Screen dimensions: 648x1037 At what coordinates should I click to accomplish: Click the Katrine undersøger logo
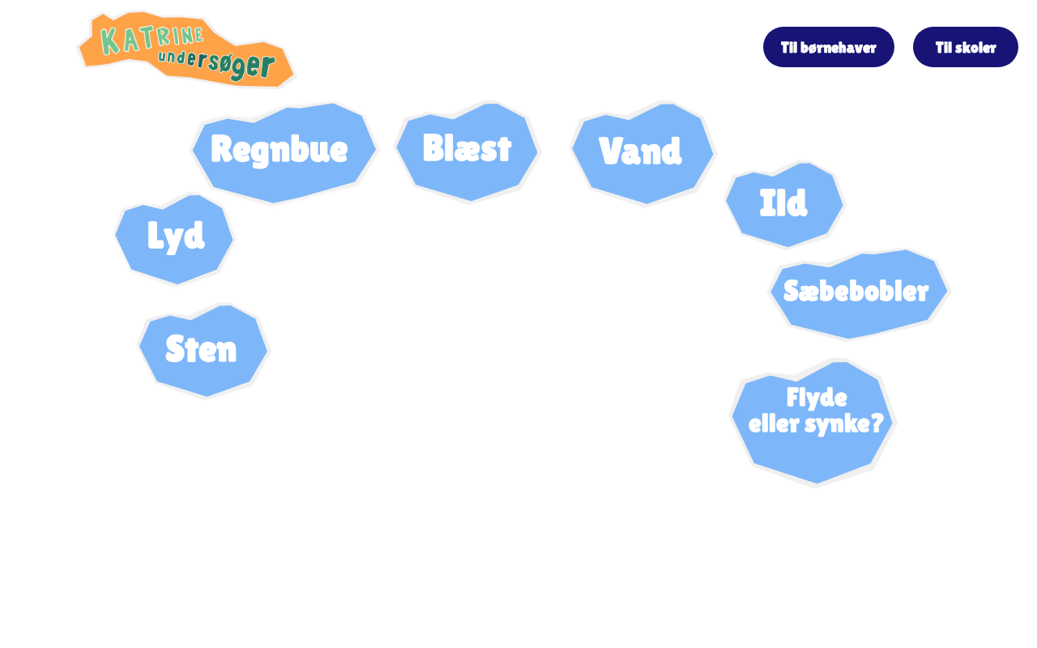[x=186, y=49]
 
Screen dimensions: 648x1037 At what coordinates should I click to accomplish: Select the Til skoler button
[x=965, y=47]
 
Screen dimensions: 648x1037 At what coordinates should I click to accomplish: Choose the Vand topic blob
[x=641, y=152]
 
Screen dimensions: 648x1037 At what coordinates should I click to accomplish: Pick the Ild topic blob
[x=783, y=204]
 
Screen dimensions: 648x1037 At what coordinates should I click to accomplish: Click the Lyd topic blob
[x=175, y=237]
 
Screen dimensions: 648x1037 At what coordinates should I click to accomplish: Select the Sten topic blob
[x=202, y=350]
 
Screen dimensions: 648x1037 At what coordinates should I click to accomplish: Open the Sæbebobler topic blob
[x=856, y=292]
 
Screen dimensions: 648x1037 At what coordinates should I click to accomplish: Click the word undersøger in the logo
[x=216, y=64]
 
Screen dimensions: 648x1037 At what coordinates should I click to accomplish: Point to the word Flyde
[x=817, y=398]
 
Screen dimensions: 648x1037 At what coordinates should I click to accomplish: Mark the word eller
[x=773, y=424]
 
